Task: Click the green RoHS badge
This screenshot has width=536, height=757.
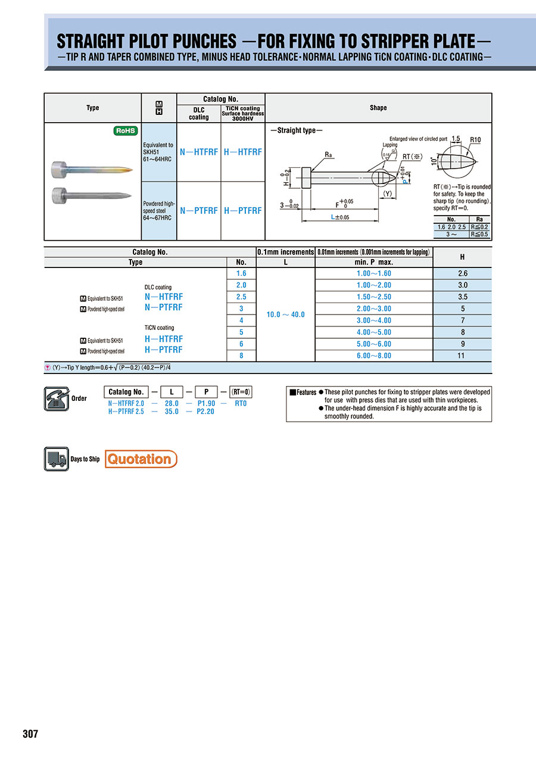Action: tap(126, 131)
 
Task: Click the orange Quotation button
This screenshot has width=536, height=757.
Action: tap(141, 459)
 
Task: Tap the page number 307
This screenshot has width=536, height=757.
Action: tap(30, 734)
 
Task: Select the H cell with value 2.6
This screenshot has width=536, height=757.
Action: tap(462, 273)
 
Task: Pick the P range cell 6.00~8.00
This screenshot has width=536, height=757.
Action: tap(374, 356)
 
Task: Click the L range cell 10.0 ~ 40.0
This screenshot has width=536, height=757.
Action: tap(285, 314)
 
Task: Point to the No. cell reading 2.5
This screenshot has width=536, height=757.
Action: tap(241, 297)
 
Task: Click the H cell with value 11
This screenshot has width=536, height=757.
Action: tap(462, 356)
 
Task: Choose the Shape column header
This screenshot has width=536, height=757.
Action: tap(378, 108)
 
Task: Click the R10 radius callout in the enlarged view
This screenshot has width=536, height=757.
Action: tap(475, 140)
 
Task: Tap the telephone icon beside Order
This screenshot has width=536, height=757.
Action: tap(57, 398)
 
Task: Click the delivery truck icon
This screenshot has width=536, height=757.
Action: tap(57, 459)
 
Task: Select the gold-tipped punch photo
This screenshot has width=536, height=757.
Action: tap(92, 171)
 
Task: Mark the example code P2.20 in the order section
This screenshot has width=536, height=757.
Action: tap(205, 412)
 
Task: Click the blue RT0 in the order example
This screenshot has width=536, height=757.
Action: tap(241, 403)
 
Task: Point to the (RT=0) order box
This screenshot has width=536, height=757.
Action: tap(241, 392)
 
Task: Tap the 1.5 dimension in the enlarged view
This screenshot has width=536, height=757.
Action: tap(456, 139)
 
